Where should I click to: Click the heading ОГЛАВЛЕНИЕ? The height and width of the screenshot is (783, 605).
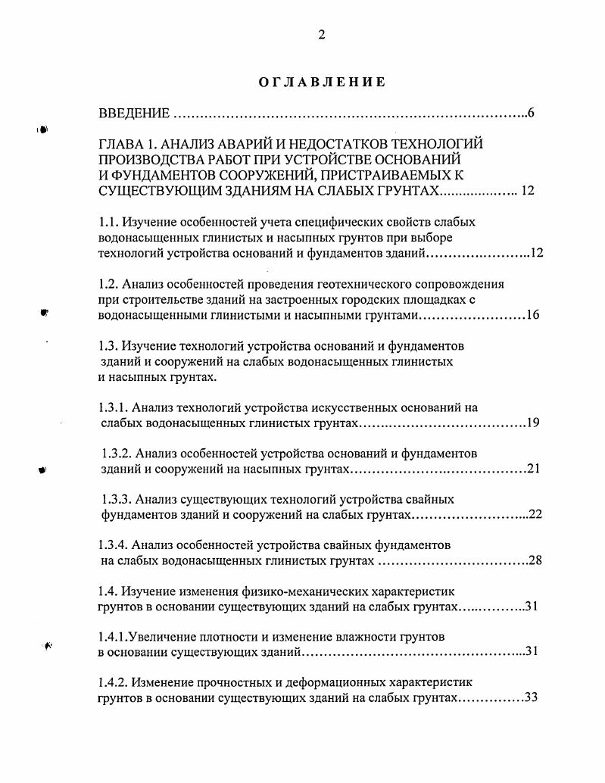[322, 82]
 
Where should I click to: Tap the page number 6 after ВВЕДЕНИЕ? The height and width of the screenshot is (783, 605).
[532, 114]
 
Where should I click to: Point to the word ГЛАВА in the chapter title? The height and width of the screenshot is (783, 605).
[122, 144]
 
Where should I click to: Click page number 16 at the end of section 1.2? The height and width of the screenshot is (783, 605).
[532, 315]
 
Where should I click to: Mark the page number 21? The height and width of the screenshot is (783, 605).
[532, 469]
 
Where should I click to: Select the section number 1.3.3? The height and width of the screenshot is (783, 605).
[117, 500]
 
